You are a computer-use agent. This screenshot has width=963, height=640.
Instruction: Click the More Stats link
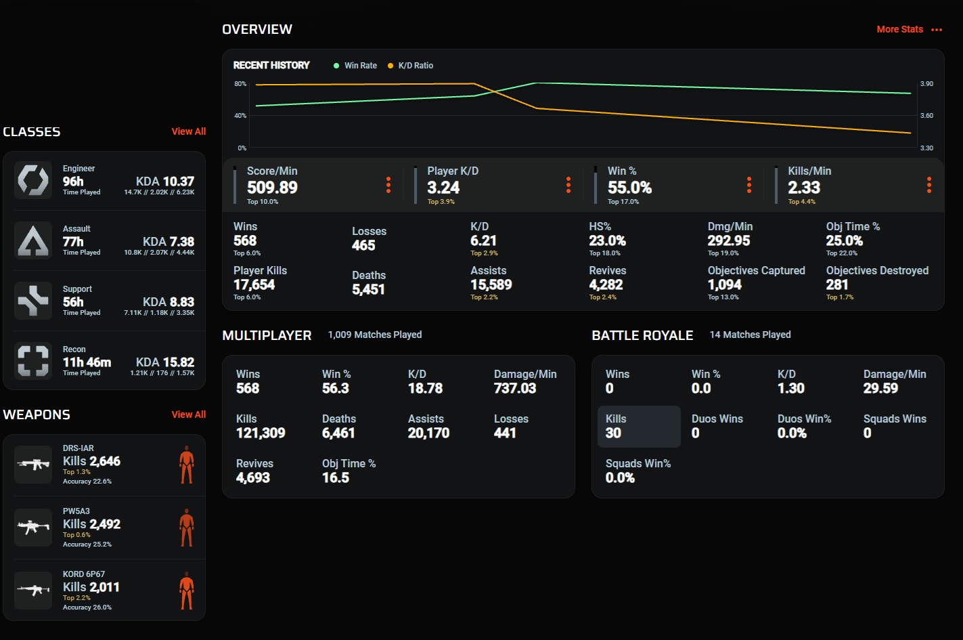(899, 29)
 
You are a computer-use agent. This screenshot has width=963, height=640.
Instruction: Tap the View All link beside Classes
(188, 131)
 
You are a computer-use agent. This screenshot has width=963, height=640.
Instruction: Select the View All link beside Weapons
(188, 414)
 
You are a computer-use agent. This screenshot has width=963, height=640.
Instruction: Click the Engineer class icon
(33, 180)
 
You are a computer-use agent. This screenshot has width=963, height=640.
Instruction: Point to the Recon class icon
(33, 361)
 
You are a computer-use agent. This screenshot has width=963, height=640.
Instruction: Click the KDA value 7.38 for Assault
(182, 242)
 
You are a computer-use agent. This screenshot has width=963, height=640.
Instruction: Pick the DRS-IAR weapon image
(33, 465)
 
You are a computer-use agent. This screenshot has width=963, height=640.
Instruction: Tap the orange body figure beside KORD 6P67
(187, 591)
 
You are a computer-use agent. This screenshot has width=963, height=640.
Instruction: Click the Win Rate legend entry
(355, 66)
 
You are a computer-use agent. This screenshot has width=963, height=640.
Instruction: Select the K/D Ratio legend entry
(411, 66)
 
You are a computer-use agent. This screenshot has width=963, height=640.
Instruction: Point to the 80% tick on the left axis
(240, 83)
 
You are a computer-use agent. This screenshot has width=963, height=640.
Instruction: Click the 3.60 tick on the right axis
(926, 115)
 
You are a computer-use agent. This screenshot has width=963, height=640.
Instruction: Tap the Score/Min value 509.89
(272, 188)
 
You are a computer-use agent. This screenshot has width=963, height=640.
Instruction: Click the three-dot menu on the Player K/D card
(568, 185)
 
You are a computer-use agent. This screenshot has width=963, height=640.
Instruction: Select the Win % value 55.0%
(629, 188)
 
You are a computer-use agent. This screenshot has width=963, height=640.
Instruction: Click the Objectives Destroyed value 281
(837, 284)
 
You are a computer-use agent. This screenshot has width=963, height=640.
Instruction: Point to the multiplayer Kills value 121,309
(261, 433)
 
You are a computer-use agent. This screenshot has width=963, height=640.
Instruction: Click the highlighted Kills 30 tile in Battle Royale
(639, 427)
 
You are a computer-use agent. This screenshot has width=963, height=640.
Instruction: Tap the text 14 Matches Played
(750, 335)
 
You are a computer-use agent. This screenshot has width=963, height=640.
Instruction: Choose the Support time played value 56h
(73, 302)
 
